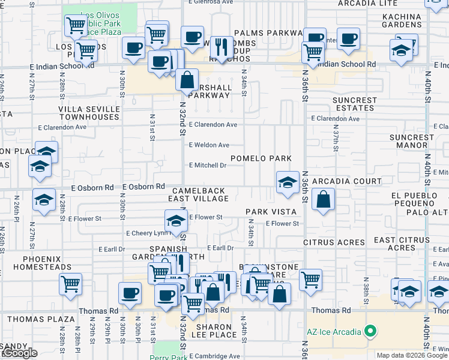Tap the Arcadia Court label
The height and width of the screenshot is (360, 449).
click(347, 181)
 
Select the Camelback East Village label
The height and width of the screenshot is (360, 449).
click(198, 194)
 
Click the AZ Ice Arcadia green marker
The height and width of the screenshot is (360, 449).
click(371, 331)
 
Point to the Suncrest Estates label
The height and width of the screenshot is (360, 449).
click(355, 104)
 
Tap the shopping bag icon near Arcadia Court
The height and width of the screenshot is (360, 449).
click(323, 201)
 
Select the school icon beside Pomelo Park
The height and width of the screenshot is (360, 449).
click(288, 182)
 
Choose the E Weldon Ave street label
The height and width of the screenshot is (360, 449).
click(209, 145)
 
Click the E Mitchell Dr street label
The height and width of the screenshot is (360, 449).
click(208, 165)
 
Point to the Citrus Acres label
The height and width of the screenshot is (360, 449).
click(334, 242)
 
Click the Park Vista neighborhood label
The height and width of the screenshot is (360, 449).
click(271, 212)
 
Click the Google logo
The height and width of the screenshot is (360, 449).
click(19, 353)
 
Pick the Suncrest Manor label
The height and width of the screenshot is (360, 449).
click(411, 141)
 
